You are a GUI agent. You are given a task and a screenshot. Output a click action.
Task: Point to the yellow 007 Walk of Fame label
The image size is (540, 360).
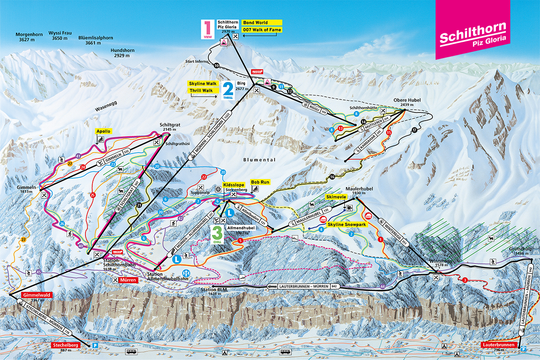pos(262,30)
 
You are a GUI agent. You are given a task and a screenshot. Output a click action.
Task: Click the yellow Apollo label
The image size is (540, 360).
pos(103,131)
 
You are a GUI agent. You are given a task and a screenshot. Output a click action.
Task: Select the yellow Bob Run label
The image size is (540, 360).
pos(260,182)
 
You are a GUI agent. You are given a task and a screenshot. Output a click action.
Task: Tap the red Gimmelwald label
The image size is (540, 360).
pos(37,295)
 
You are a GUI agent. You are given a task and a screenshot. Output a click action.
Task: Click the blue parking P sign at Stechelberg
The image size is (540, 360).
pos(95,345)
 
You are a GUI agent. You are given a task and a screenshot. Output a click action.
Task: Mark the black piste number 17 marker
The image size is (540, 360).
pos(414,130)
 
